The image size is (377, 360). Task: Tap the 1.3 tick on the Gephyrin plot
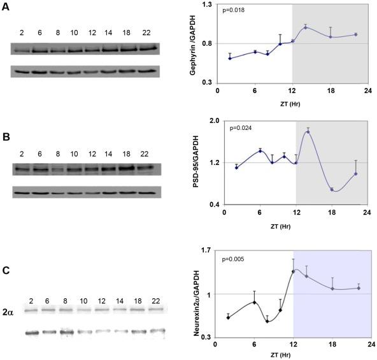pos(207,4)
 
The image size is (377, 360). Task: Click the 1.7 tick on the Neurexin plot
pos(207,250)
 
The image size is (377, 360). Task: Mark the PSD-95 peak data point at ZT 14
pos(308,131)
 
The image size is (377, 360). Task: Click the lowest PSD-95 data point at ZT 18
pos(332,189)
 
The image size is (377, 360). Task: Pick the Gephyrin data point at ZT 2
pos(230,58)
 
